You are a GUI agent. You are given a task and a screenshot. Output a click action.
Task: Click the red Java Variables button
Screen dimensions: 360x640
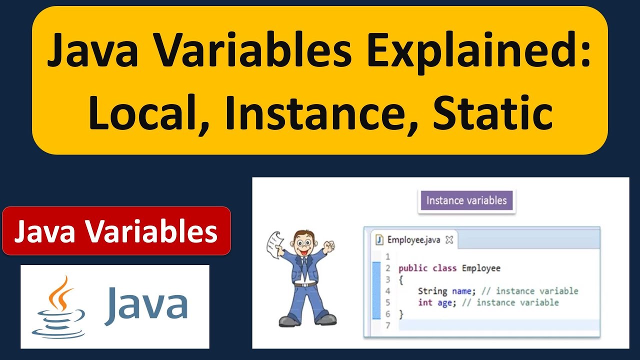[116, 231]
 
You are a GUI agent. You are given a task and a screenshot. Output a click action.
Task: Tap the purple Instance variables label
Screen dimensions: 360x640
[466, 201]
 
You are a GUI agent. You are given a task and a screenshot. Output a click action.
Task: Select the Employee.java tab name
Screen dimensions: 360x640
[413, 239]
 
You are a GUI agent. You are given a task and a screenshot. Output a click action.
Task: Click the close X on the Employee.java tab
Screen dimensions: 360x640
[449, 239]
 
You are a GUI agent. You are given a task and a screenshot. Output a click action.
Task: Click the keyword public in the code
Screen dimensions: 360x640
[413, 268]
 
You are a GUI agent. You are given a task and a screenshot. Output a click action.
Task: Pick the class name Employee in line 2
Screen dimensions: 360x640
[481, 268]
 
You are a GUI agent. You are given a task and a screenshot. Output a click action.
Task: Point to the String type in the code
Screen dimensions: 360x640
[432, 291]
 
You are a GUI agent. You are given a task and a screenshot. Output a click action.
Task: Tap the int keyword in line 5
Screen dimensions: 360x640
[425, 302]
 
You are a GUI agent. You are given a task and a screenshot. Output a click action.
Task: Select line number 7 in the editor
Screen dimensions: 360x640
[387, 325]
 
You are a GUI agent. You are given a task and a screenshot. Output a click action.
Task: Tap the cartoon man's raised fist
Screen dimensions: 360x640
[328, 246]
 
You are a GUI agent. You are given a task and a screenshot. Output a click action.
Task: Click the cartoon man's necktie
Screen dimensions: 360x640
[303, 265]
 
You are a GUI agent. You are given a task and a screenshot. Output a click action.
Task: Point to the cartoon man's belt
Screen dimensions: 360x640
[304, 283]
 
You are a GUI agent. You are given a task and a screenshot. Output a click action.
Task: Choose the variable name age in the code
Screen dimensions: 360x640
[444, 302]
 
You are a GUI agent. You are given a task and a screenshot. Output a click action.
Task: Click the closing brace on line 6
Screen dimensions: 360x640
[400, 314]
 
